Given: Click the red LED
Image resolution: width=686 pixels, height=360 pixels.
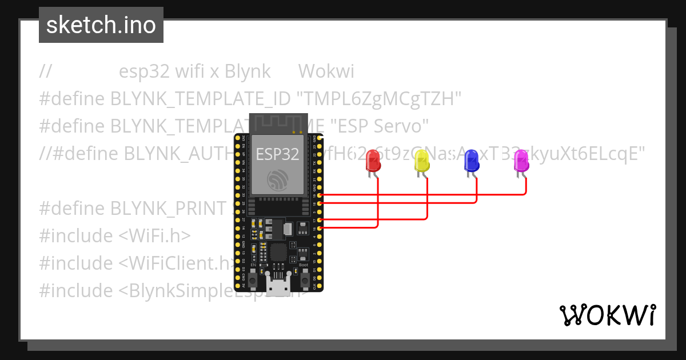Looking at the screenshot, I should tap(373, 161).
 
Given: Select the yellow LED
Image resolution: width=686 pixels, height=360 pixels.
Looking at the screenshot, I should tap(421, 161).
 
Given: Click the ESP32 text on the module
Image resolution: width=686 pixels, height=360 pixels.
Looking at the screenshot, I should tap(277, 154).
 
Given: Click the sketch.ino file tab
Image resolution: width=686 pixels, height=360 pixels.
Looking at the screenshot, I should tap(101, 25).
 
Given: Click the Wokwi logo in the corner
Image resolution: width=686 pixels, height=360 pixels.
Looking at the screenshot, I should tap(608, 315).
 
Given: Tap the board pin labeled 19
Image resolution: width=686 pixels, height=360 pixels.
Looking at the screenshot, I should tap(320, 195).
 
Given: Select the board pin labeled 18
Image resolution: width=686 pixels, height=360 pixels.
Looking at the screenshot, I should tap(320, 203).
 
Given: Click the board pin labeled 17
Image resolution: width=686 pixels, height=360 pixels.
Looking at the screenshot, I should tap(320, 220).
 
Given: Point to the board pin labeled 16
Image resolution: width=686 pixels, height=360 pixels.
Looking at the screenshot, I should tap(320, 228).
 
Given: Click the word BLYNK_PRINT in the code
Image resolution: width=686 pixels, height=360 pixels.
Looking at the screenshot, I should tap(169, 209).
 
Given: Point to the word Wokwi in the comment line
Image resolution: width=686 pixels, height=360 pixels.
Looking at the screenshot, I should tap(326, 71).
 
